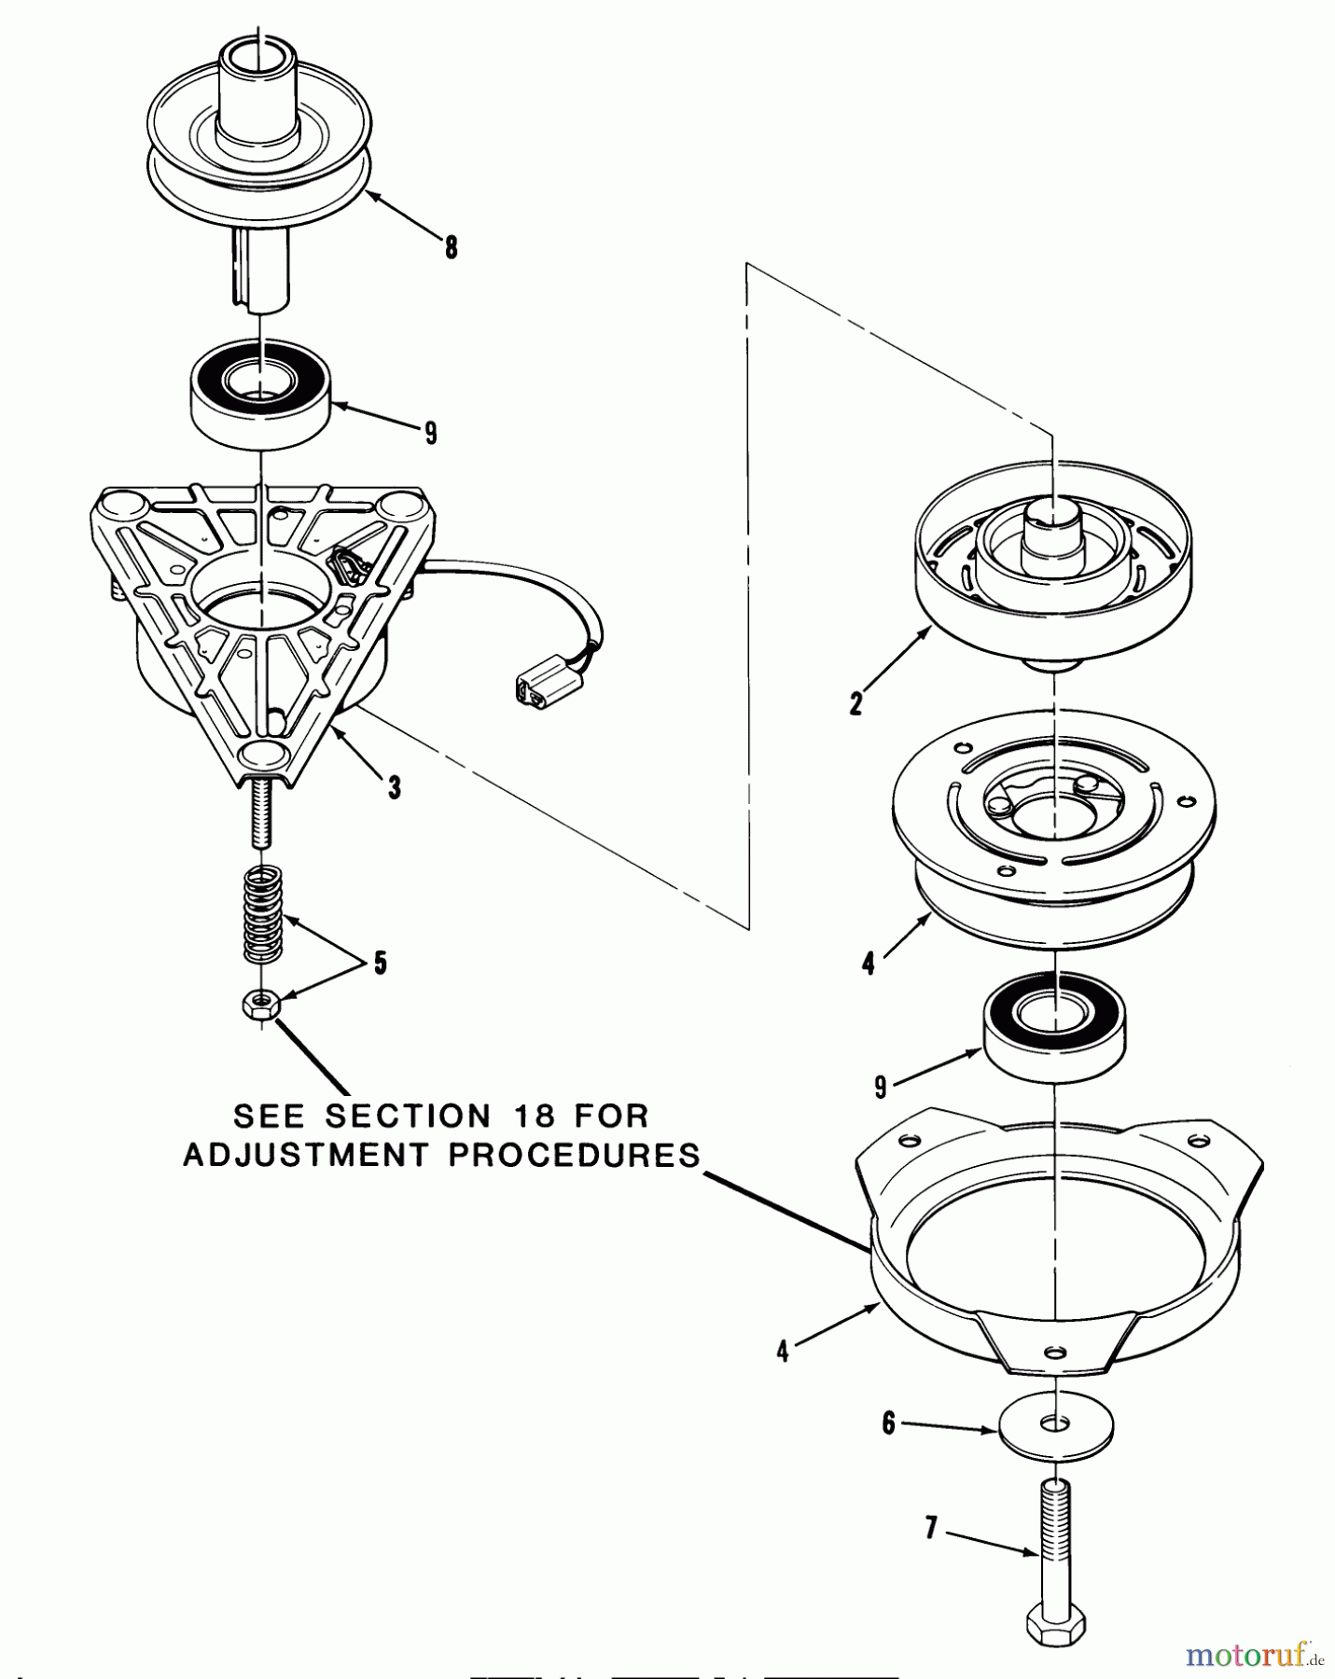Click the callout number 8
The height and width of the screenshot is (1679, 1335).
(x=452, y=247)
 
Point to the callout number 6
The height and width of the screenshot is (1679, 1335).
(x=888, y=1423)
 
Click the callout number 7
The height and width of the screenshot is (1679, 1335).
(x=930, y=1528)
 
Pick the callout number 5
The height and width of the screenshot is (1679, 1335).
(x=380, y=963)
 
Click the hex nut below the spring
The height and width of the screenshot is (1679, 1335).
(x=261, y=1006)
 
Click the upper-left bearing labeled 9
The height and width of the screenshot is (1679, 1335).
(x=261, y=392)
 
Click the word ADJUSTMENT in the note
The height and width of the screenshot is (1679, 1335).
(x=305, y=1155)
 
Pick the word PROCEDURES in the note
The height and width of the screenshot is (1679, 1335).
(x=574, y=1155)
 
